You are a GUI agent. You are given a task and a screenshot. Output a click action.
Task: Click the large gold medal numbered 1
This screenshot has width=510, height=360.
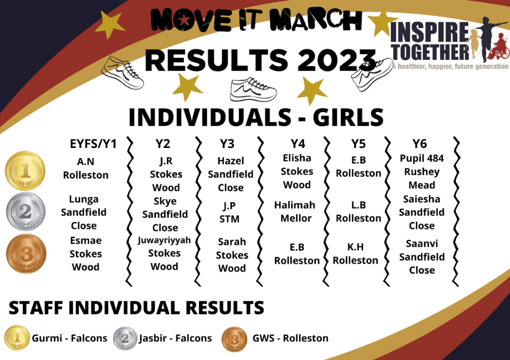[25, 170]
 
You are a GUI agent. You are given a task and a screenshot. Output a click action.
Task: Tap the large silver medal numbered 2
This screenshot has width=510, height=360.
[26, 212]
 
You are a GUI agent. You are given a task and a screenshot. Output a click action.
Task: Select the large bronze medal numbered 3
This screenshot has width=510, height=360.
[26, 253]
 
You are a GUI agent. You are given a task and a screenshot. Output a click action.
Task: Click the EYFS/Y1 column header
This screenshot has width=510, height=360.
[93, 144]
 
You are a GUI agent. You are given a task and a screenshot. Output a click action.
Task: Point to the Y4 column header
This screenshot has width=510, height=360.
[298, 143]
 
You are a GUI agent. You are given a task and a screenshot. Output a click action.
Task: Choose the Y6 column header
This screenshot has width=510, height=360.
[419, 143]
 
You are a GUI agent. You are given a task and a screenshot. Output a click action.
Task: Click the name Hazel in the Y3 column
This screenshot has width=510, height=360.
[231, 160]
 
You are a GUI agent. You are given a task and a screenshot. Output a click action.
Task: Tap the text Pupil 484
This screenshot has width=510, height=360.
[421, 158]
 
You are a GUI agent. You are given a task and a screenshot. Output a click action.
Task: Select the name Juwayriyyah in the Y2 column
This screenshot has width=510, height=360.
[164, 240]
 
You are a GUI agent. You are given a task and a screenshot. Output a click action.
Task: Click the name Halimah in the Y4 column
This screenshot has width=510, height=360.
[295, 205]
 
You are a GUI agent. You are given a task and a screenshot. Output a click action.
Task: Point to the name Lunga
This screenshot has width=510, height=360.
[83, 199]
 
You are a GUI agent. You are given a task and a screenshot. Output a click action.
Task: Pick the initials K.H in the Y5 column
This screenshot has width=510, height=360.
[355, 247]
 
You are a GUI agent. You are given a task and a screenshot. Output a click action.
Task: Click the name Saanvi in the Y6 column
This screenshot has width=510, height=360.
[422, 244]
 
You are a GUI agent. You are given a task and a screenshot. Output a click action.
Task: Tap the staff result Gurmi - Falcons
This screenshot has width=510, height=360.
[70, 338]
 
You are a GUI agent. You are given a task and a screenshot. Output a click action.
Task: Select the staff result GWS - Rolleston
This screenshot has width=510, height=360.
[291, 338]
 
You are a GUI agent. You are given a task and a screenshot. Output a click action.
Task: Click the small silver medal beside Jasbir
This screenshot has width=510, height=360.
[125, 339]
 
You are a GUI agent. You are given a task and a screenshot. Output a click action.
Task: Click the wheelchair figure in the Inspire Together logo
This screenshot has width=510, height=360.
[499, 46]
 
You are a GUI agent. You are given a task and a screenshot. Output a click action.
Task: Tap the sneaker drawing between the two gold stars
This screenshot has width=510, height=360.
[253, 89]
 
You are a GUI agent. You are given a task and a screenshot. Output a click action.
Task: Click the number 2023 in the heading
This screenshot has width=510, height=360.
[337, 60]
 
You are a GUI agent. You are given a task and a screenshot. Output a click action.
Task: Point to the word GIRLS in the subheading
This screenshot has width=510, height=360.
[349, 117]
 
